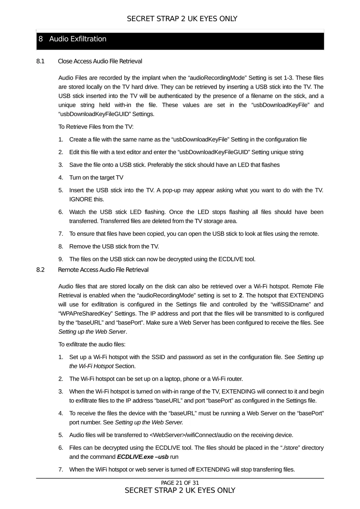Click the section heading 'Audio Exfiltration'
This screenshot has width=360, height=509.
click(x=78, y=39)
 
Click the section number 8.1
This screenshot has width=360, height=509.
click(x=40, y=61)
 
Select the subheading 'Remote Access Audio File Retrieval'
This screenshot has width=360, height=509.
click(x=103, y=270)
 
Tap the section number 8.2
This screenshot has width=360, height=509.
click(x=41, y=270)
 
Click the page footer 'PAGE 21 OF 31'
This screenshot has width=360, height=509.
click(x=180, y=483)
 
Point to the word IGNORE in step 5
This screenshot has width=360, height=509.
click(x=80, y=199)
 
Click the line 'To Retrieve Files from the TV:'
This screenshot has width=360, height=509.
click(x=96, y=127)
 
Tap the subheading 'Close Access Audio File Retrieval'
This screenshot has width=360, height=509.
click(x=100, y=61)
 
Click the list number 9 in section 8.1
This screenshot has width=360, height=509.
click(x=60, y=259)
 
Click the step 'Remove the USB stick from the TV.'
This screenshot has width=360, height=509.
click(x=114, y=247)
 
